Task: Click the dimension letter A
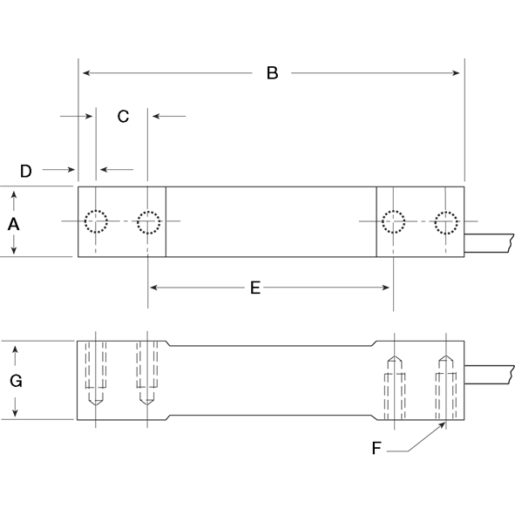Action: coord(14,223)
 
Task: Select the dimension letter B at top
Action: coord(272,73)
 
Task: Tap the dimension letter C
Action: coord(123,116)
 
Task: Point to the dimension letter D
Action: coord(26,171)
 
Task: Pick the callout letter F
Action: coord(376,449)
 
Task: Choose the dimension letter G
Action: coord(15,381)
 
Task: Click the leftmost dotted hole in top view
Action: coord(95,222)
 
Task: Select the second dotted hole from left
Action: coord(149,222)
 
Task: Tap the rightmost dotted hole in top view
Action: coord(447,222)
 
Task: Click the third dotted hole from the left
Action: coord(394,222)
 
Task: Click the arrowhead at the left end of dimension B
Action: coord(84,73)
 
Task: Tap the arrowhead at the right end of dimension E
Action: coord(387,288)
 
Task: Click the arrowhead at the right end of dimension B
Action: coord(458,73)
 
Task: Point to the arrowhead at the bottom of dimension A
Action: coord(14,252)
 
